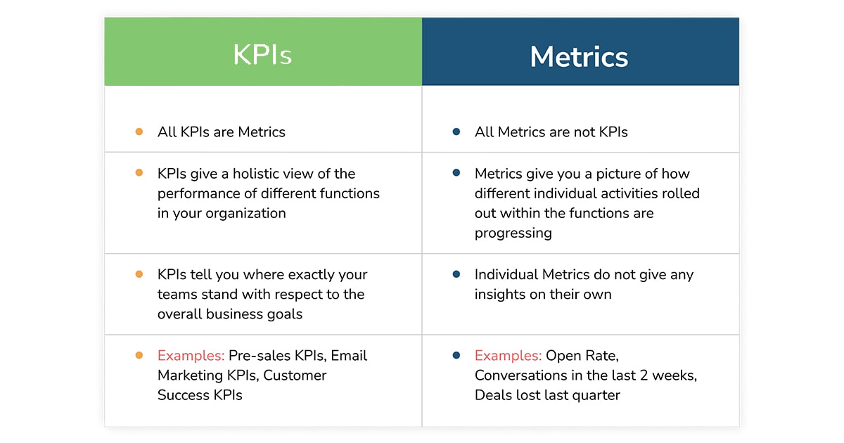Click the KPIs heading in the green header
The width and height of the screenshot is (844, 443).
[x=262, y=55]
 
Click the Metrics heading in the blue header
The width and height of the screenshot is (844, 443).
[x=579, y=57]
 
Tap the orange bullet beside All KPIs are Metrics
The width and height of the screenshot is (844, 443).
[x=139, y=131]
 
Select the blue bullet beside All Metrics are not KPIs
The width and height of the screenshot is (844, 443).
[x=456, y=131]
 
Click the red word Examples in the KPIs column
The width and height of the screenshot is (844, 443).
[x=191, y=356]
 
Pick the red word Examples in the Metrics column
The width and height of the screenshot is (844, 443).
[x=508, y=356]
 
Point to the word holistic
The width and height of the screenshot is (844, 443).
[x=255, y=174]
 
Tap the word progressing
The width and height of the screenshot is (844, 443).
[x=513, y=233]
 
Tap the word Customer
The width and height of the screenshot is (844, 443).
[x=295, y=375]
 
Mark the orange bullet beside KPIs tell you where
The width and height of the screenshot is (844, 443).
[x=139, y=274]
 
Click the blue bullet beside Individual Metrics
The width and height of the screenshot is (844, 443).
[x=456, y=274]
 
